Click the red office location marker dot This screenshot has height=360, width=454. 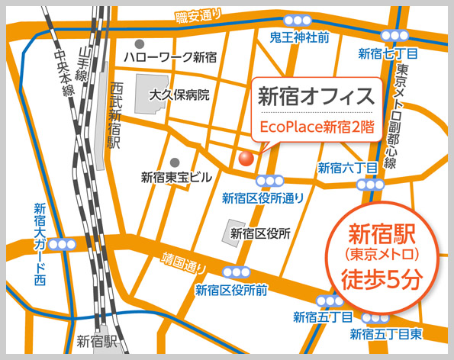246,158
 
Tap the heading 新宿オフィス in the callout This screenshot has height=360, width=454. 315,97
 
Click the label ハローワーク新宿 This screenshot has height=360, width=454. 171,57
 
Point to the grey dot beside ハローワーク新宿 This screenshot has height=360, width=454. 139,44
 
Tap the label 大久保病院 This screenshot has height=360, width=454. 179,95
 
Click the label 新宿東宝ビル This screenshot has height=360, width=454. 176,177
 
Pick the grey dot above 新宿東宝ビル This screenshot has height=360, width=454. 175,162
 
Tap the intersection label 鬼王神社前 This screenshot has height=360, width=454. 300,37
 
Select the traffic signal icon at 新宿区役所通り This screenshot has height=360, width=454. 269,181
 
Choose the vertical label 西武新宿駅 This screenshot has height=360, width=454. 116,114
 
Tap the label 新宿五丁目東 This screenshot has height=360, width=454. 385,334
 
